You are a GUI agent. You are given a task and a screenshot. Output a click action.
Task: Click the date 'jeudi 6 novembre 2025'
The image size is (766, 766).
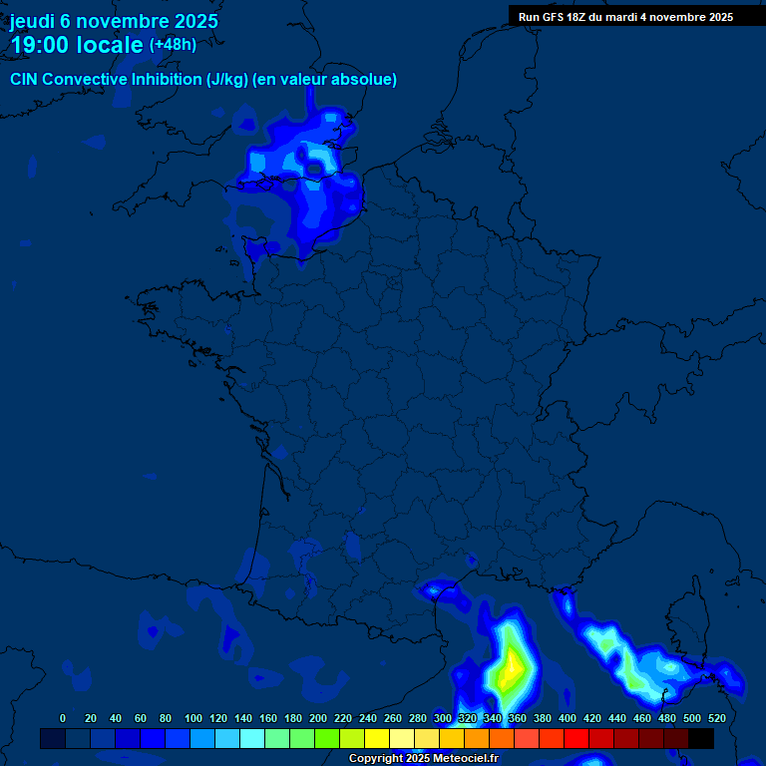tap(114, 21)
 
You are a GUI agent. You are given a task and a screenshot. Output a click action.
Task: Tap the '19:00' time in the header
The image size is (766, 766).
tap(37, 45)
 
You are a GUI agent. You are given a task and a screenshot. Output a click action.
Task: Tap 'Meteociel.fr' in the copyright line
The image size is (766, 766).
tap(465, 758)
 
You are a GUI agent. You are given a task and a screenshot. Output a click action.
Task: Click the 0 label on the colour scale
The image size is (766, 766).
tap(63, 718)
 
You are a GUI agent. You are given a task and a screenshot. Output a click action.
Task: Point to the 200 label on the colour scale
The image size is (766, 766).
tap(317, 718)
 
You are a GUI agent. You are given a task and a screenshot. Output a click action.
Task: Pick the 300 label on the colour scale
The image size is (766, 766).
tap(443, 718)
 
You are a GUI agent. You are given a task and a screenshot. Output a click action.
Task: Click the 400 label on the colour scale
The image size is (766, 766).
tap(568, 718)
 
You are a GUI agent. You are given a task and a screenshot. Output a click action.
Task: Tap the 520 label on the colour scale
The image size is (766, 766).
tap(716, 718)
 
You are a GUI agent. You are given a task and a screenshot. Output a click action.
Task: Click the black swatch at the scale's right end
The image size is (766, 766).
tap(701, 738)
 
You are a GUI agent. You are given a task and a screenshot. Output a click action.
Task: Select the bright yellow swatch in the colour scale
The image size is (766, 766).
tap(377, 738)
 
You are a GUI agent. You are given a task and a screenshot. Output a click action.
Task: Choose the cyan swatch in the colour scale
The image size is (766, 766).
tap(252, 738)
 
